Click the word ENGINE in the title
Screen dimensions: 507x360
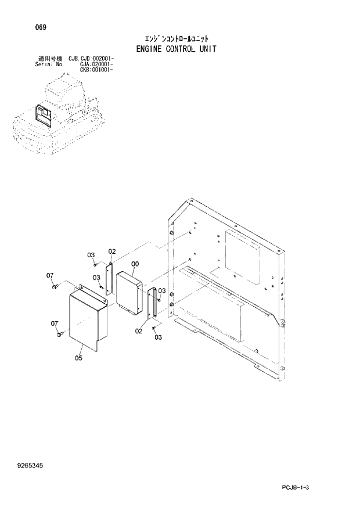click(152, 49)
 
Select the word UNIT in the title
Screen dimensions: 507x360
click(206, 49)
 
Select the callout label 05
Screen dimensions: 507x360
click(78, 358)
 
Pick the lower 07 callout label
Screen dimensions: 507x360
click(54, 323)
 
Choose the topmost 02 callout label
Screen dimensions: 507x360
click(112, 251)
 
